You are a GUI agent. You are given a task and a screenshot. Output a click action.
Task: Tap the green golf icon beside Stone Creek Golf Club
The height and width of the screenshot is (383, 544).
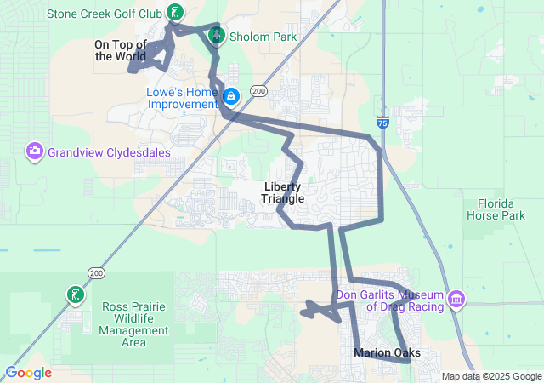(174, 12)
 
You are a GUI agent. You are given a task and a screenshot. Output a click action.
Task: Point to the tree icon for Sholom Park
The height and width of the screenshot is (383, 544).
(216, 35)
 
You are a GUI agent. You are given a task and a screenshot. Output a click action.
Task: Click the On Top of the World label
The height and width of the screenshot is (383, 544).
(120, 50)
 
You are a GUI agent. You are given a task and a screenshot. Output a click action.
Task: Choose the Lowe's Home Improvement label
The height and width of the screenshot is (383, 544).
(182, 98)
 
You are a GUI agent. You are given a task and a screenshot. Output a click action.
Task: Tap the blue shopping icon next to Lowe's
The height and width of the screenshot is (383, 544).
(231, 95)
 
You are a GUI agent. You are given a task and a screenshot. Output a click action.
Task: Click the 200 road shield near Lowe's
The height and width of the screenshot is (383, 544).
(258, 91)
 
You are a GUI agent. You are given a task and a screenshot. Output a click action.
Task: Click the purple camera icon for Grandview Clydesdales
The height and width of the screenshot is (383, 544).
(35, 151)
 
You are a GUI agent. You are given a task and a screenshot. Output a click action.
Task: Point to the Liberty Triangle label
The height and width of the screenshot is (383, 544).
(282, 192)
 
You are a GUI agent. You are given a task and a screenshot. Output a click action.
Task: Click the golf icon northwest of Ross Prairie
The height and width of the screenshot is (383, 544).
(76, 294)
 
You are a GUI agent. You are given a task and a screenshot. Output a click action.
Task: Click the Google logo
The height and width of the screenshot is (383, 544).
(28, 373)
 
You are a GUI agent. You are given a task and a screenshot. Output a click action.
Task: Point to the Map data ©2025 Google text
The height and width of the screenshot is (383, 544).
(490, 376)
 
